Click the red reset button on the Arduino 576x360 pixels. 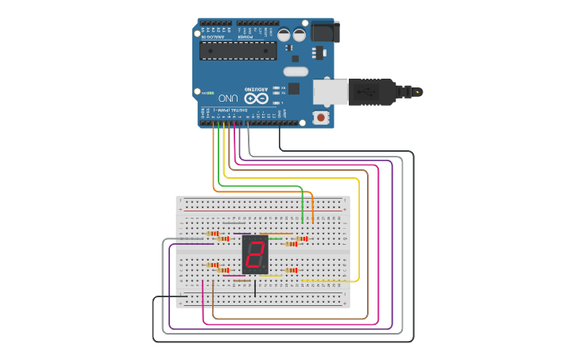pos(321,118)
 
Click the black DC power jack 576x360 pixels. pos(324,32)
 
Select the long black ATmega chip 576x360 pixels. pos(238,50)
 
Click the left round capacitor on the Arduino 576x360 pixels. pos(284,35)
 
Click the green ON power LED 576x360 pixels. pos(211,92)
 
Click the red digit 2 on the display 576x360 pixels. pos(255,255)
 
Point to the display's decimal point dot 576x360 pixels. pos(265,268)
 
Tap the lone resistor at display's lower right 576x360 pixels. pos(292,270)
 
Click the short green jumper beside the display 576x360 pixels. pos(275,238)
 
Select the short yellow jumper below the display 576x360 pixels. pos(273,276)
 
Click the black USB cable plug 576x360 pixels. pos(373,91)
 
